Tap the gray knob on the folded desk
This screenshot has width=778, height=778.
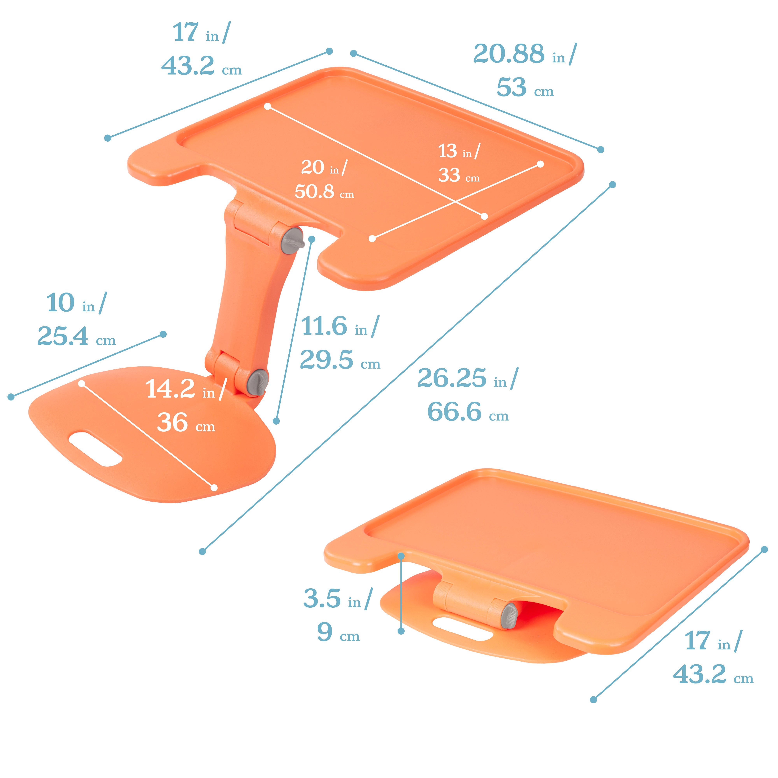tap(509, 616)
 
